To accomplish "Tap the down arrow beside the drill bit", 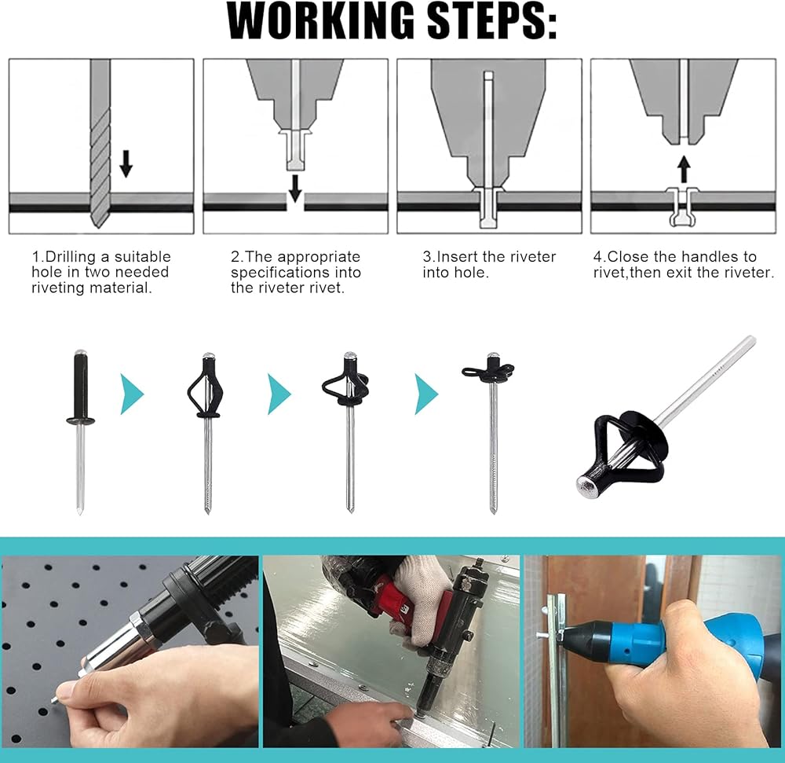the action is (x=126, y=163).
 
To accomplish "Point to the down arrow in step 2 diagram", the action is (x=296, y=189).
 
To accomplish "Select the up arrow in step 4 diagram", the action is (x=684, y=169).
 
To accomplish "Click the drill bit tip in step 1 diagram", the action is (x=100, y=225).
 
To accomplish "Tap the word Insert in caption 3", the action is (x=456, y=257).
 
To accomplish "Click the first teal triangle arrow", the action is (x=132, y=394).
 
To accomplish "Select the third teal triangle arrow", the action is (x=426, y=394).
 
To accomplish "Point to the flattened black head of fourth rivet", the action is (x=488, y=372).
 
